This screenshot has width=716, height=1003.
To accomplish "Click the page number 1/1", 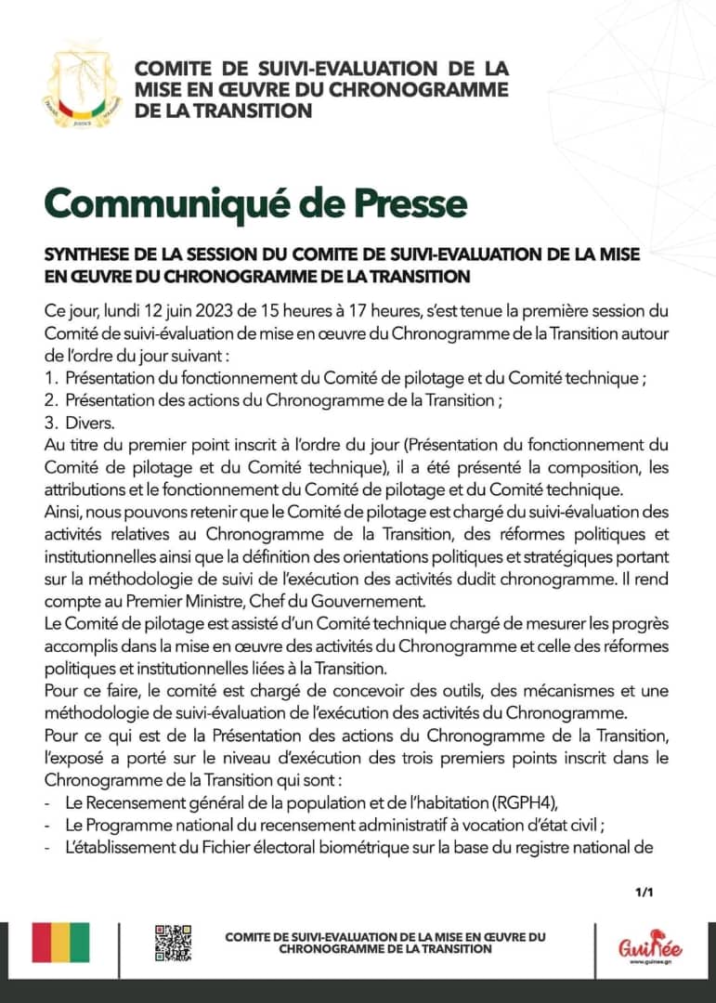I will click(x=644, y=893).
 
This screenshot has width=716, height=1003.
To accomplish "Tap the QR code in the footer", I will click(x=173, y=943).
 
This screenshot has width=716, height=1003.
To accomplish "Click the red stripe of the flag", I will click(x=42, y=943).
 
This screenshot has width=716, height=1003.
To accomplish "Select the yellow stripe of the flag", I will click(x=61, y=943).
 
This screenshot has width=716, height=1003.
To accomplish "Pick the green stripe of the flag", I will click(x=81, y=943).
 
